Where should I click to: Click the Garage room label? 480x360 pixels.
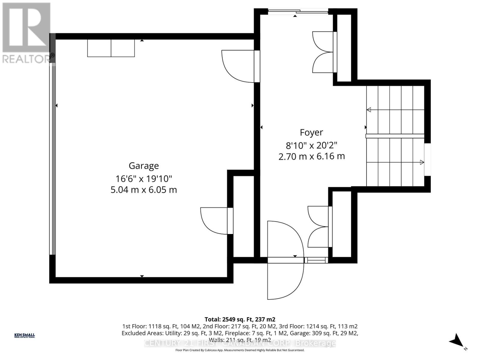click(144, 166)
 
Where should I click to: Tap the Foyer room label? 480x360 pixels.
click(311, 133)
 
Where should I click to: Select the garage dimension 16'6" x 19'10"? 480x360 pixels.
click(144, 179)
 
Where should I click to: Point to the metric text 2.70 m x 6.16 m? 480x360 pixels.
click(311, 156)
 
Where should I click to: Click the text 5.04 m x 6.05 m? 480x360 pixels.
click(144, 190)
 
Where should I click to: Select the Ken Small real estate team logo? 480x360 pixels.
click(25, 336)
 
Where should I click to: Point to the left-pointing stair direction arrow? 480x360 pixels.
click(369, 110)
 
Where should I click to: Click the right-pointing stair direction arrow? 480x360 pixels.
click(421, 162)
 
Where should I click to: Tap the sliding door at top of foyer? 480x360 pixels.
click(298, 12)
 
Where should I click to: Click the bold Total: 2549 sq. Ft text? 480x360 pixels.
click(240, 319)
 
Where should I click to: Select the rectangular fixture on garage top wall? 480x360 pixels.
click(111, 48)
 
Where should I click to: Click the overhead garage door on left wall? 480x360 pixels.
click(52, 159)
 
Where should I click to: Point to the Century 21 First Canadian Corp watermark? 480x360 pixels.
click(240, 343)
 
